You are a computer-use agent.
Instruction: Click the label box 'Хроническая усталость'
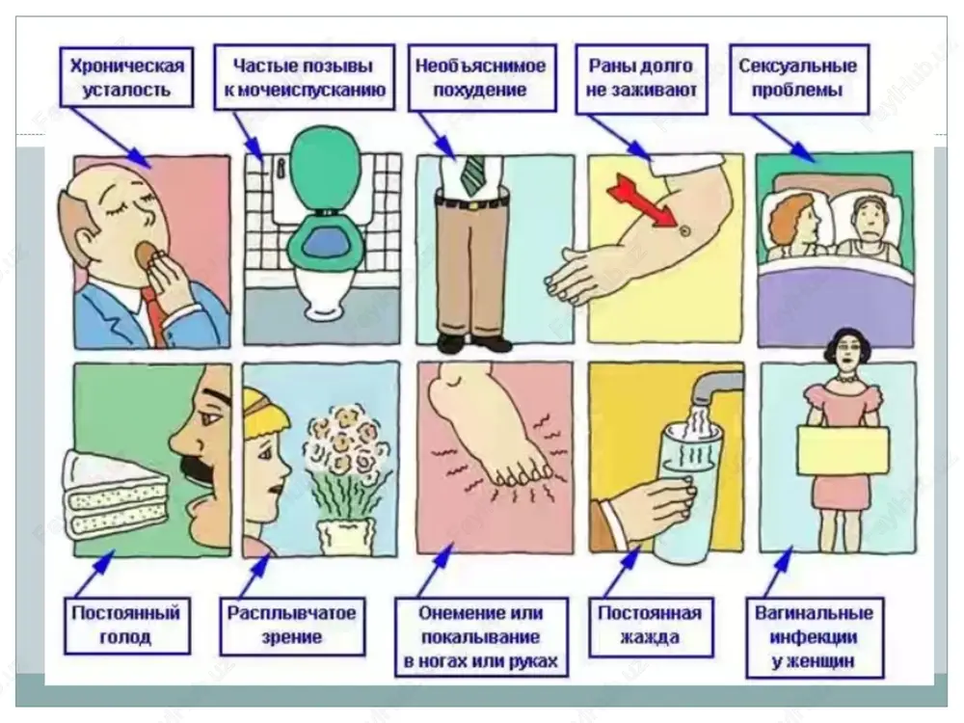pos(126,77)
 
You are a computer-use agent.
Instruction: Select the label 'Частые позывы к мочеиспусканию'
pos(305,77)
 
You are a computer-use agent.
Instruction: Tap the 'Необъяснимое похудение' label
pos(482,77)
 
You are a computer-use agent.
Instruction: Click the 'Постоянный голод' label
pos(126,625)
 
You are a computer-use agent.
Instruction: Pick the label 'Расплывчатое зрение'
pos(292,626)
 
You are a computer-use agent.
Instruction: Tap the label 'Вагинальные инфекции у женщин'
pos(814,637)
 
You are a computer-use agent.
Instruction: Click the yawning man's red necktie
pos(153,313)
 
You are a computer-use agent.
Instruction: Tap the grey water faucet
pos(715,386)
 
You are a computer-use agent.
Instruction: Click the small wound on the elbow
pos(684,230)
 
